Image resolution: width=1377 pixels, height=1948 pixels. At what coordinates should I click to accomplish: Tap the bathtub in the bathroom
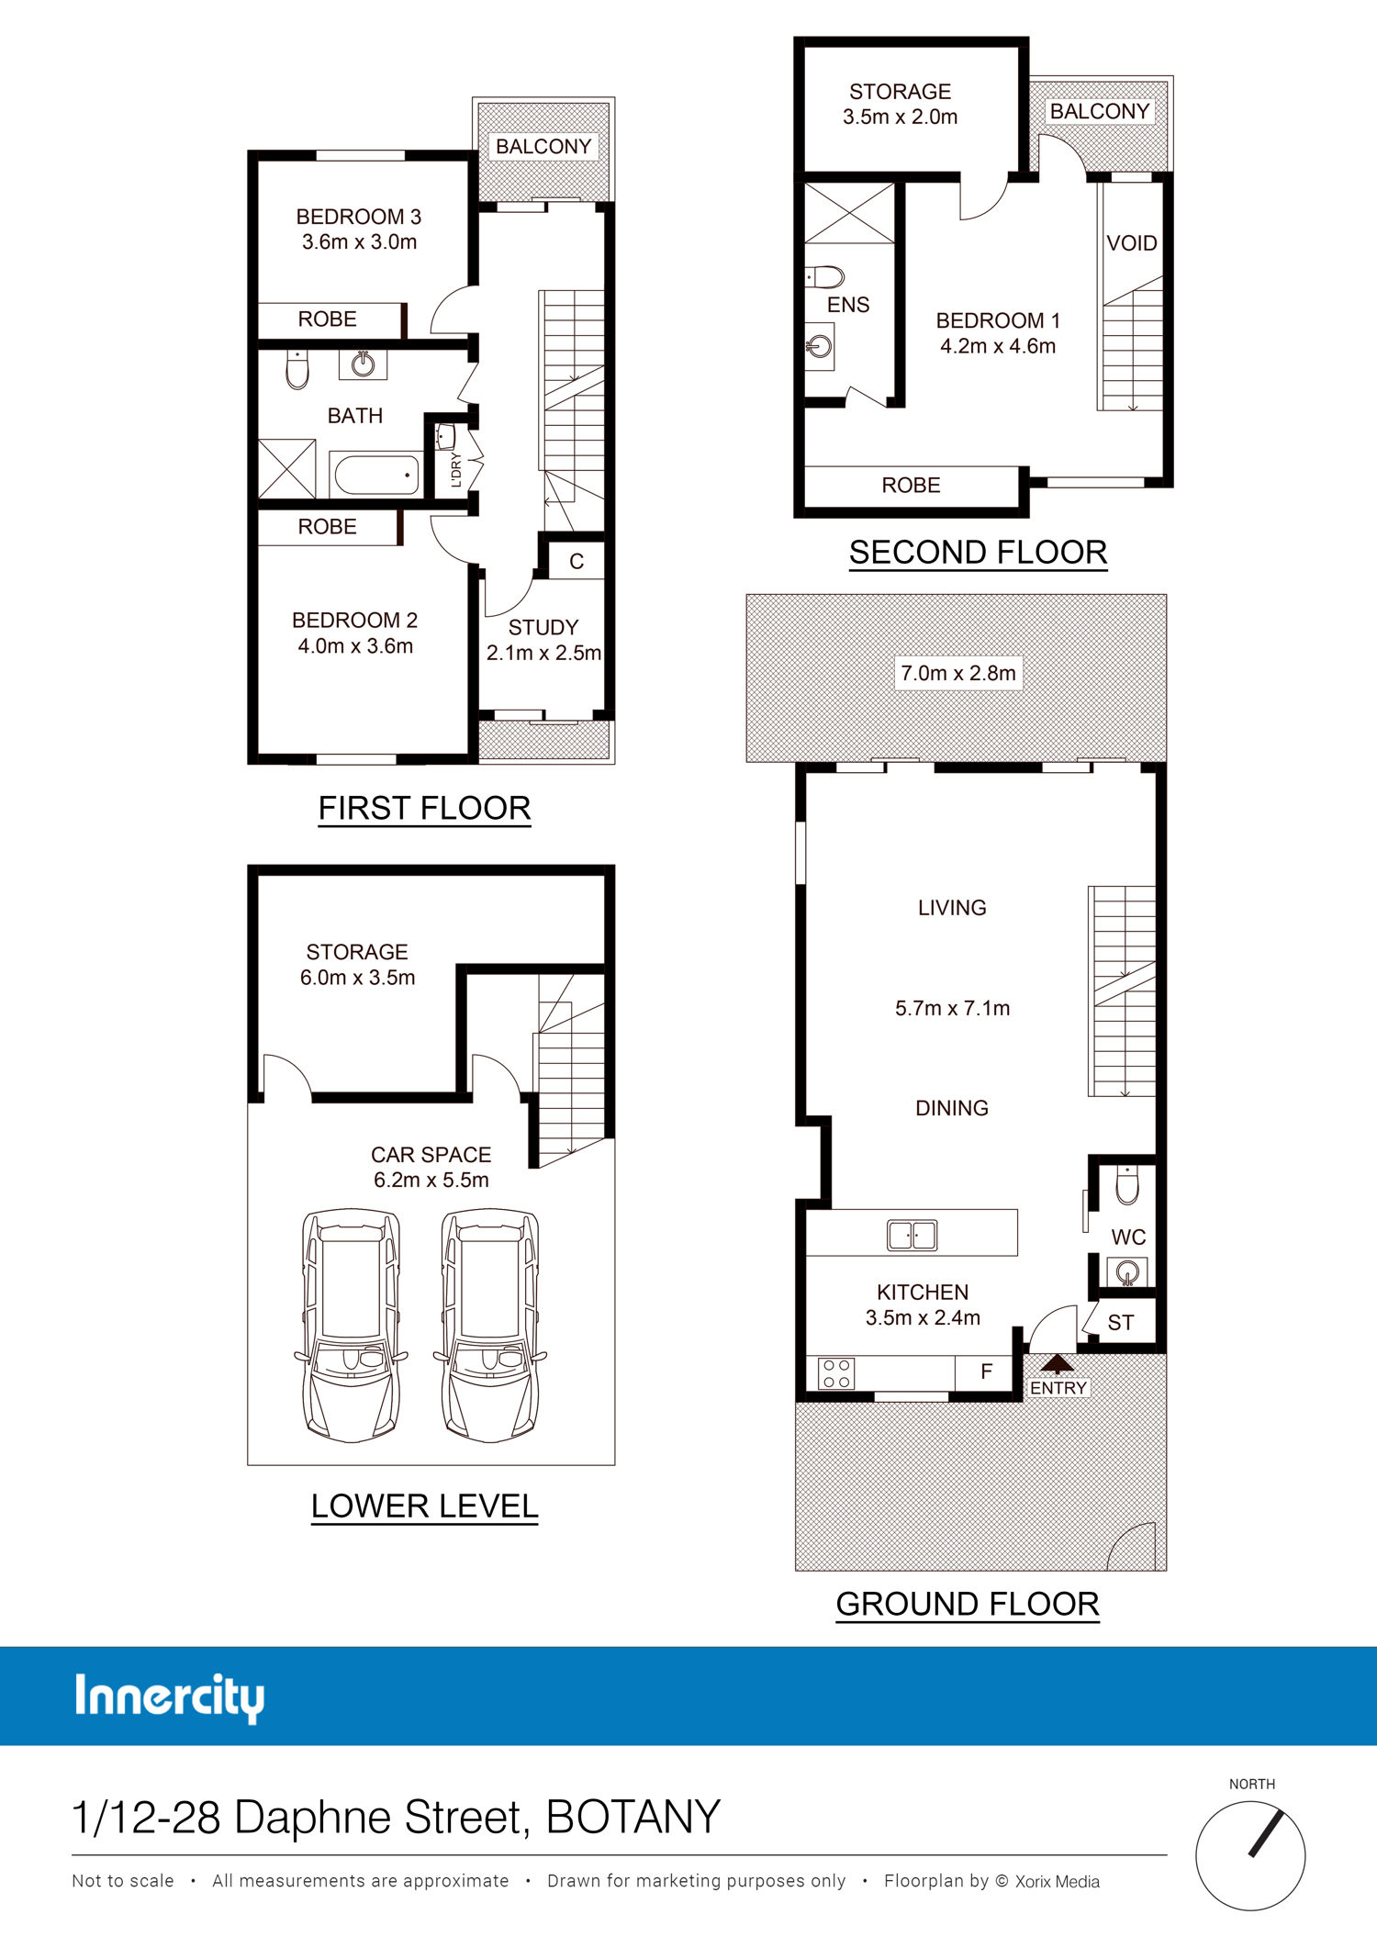coord(376,475)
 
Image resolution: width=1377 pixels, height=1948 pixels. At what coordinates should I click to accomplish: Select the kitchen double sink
coord(912,1235)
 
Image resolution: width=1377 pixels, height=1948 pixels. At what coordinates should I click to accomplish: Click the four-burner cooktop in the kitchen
coord(836,1373)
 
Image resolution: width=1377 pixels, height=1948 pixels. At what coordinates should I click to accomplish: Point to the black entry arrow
coord(1058,1363)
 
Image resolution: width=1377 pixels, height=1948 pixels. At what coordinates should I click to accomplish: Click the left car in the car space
coord(352,1325)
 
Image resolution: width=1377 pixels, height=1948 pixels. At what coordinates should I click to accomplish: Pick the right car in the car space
coord(491,1325)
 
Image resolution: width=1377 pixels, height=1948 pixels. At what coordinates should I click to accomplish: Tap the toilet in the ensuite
coord(825,276)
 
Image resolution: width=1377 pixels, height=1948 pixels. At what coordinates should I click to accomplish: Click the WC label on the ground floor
coord(1128,1237)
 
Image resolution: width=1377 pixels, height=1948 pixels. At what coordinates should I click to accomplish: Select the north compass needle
coord(1265,1831)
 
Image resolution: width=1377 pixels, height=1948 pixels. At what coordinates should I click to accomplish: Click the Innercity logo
coord(170,1697)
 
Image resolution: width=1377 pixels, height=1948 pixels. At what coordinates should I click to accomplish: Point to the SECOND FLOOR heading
coord(978,553)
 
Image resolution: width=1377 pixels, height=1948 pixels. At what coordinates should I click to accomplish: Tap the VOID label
coord(1132,243)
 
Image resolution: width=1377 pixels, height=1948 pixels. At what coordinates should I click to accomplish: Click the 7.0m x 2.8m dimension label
coord(957,673)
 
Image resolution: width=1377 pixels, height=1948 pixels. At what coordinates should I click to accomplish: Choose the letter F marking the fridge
coord(987,1371)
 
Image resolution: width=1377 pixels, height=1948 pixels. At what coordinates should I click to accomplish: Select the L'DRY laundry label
coord(456,470)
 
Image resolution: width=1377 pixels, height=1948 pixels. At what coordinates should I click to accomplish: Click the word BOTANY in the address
coord(633,1817)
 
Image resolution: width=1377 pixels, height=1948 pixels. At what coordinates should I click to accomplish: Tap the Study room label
coord(543,628)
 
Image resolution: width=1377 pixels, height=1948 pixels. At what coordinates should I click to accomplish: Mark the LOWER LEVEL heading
coord(424,1506)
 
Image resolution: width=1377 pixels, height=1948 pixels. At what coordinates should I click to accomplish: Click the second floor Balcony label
coord(1100,111)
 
